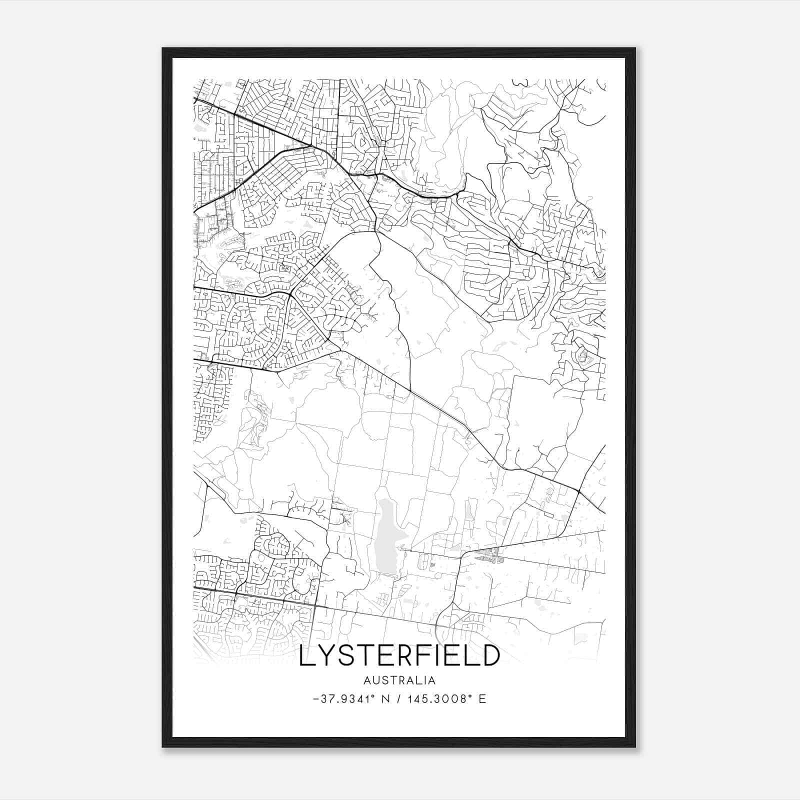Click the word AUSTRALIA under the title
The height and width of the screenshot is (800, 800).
pyautogui.click(x=399, y=680)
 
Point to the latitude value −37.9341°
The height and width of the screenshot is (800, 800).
pyautogui.click(x=340, y=699)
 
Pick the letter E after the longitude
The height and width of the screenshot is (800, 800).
pyautogui.click(x=482, y=699)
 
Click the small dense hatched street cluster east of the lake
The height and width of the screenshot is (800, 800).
pyautogui.click(x=487, y=555)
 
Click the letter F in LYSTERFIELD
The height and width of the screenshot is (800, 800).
pyautogui.click(x=419, y=656)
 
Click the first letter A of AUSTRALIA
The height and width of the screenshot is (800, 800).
pyautogui.click(x=367, y=680)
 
